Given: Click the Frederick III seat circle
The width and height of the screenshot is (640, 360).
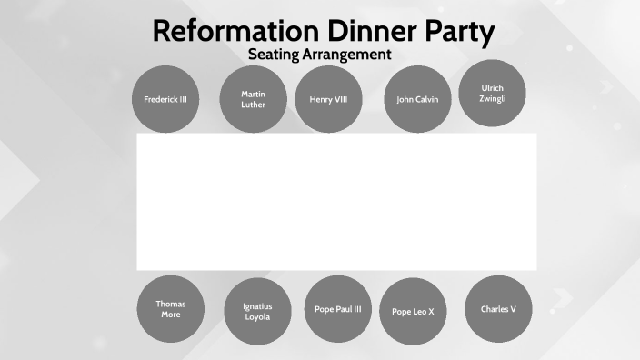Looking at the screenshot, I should (165, 99).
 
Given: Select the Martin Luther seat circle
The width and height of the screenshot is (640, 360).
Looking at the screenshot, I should (254, 98).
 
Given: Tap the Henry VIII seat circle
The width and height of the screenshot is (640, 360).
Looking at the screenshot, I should (328, 99).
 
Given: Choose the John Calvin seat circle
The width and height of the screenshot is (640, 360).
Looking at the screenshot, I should (417, 99).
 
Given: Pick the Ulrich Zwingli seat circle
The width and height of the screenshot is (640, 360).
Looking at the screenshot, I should (493, 93).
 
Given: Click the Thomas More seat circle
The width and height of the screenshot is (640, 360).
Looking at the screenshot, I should (170, 309).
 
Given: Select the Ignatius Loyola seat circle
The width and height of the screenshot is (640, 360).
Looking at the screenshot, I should (257, 311).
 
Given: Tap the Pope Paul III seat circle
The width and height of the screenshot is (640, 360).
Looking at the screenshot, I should (337, 308).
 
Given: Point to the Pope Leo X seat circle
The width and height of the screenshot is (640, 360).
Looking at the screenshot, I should (413, 311).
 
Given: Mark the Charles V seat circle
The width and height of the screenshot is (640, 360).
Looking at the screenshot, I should (498, 309).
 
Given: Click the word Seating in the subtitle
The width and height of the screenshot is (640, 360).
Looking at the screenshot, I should (273, 55).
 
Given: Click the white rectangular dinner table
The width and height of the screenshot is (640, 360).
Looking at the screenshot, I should (336, 202).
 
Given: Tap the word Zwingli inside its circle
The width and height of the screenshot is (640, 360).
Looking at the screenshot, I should (493, 98).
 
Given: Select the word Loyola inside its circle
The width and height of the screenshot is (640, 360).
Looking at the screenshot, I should (257, 317).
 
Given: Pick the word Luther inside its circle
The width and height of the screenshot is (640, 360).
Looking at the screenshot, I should (254, 105).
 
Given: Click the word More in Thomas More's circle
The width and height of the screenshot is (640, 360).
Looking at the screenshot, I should (170, 315).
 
